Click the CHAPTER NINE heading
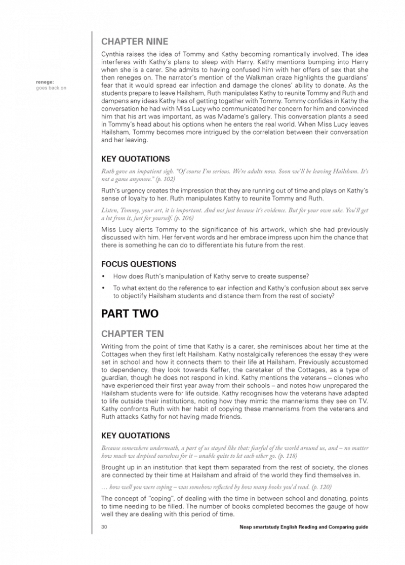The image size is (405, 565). click(x=135, y=42)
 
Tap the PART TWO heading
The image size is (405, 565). click(x=130, y=314)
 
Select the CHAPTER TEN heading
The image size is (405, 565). click(x=132, y=334)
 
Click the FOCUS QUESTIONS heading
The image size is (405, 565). click(x=139, y=264)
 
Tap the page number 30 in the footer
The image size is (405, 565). click(x=104, y=527)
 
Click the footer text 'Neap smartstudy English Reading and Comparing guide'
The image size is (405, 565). click(x=304, y=527)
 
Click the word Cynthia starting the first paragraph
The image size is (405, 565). click(x=114, y=54)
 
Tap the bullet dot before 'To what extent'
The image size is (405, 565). click(x=103, y=288)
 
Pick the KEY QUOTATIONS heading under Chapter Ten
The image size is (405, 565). click(x=135, y=435)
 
